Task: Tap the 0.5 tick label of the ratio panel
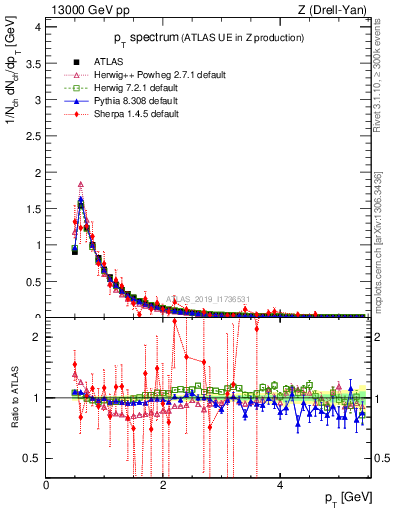[x=33, y=458]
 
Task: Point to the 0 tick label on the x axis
[x=46, y=485]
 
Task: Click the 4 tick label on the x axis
[x=279, y=485]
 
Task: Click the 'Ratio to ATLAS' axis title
[x=13, y=400]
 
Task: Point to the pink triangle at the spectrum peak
[x=80, y=185]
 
